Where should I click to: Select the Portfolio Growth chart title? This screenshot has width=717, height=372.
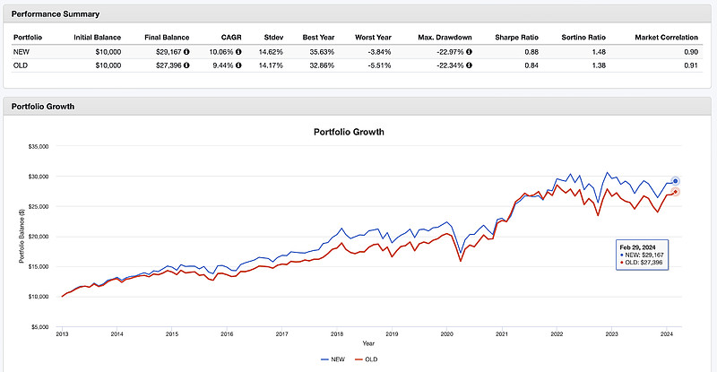[x=349, y=132]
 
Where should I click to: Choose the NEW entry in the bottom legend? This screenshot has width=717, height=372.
[x=332, y=359]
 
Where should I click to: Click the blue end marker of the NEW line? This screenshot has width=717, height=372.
[x=675, y=181]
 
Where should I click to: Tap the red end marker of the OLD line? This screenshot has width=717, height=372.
[x=675, y=192]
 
